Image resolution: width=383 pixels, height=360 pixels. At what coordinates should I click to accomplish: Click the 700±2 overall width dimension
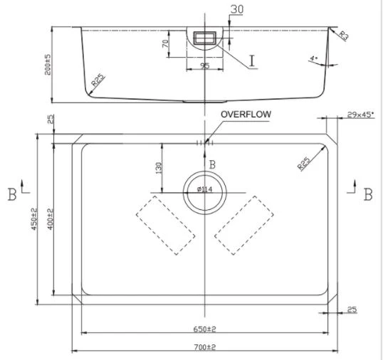tap(204, 346)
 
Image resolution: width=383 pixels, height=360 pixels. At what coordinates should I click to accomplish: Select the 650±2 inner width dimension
tap(204, 329)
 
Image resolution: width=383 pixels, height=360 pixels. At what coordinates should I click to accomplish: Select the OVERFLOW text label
tap(246, 114)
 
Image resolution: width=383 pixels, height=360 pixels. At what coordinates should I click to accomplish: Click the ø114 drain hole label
tap(204, 189)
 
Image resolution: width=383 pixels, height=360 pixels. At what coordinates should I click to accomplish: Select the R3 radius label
tap(344, 35)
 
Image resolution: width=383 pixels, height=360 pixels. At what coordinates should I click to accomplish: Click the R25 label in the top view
tap(304, 163)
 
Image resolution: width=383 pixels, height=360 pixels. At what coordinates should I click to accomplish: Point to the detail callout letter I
tap(252, 61)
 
